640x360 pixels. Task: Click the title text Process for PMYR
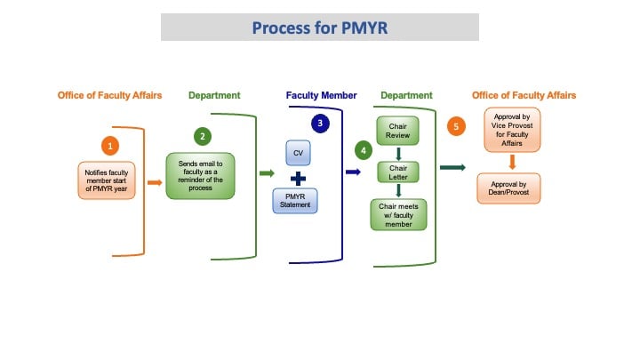[319, 28]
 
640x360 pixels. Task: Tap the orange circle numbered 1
[111, 144]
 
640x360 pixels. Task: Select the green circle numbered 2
[204, 136]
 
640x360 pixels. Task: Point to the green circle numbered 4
[363, 151]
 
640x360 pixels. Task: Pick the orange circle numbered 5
[457, 126]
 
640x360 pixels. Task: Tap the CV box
[298, 153]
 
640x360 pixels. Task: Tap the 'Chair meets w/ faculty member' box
[397, 214]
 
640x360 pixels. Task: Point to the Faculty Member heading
[321, 95]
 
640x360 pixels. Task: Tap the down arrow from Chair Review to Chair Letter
[397, 153]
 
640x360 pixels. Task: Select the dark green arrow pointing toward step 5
[453, 167]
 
